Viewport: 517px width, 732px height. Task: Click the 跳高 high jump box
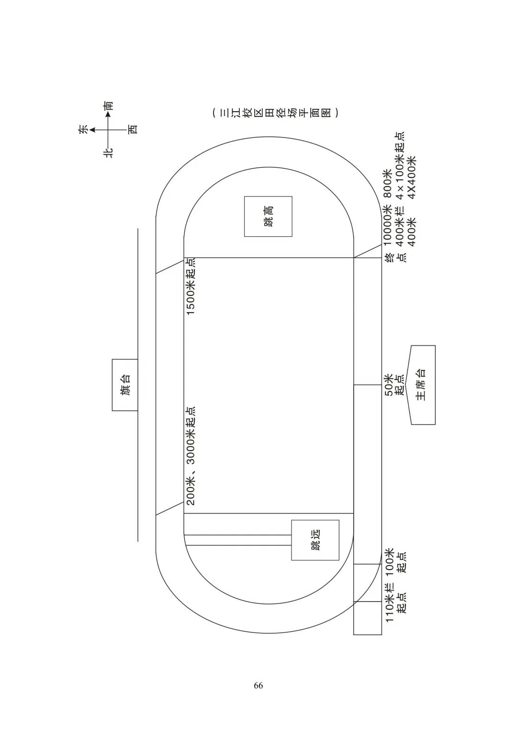point(268,216)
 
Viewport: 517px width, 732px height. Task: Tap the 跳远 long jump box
point(315,540)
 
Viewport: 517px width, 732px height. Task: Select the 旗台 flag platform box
point(125,385)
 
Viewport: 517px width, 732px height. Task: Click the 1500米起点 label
point(191,287)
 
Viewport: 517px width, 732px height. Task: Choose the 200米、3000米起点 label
point(191,456)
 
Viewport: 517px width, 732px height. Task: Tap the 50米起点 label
point(394,385)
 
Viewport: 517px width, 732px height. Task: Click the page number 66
point(258,685)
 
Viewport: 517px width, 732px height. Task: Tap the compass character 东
point(83,129)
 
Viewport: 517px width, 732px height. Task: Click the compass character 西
point(134,129)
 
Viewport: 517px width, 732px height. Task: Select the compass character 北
point(109,152)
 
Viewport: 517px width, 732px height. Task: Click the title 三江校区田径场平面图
point(275,113)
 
